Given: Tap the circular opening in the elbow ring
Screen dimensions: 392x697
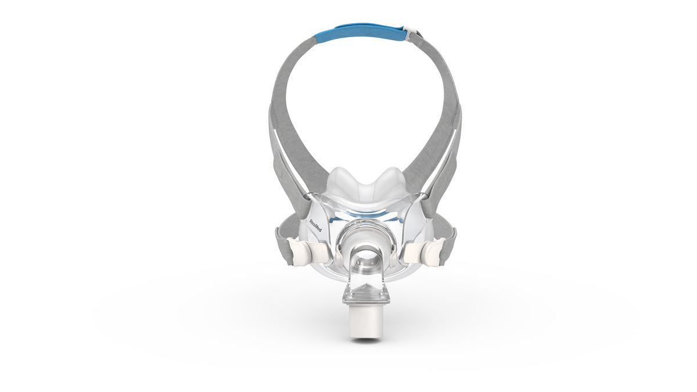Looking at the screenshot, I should pyautogui.click(x=363, y=256).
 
